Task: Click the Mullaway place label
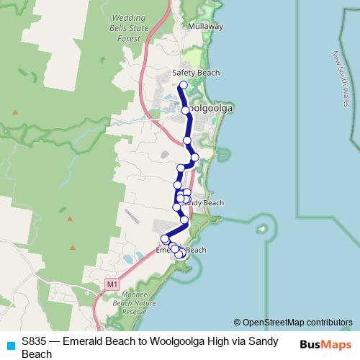pyautogui.click(x=205, y=26)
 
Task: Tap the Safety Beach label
pyautogui.click(x=196, y=73)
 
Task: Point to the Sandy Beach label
pyautogui.click(x=204, y=203)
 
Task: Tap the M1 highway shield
pyautogui.click(x=112, y=284)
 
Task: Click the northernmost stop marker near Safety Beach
pyautogui.click(x=183, y=85)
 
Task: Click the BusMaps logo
pyautogui.click(x=325, y=343)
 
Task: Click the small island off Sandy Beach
pyautogui.click(x=261, y=230)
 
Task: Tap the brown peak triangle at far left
pyautogui.click(x=14, y=112)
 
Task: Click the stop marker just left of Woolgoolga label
pyautogui.click(x=185, y=110)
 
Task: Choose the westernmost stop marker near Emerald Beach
pyautogui.click(x=164, y=238)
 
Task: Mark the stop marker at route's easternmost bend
pyautogui.click(x=194, y=157)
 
